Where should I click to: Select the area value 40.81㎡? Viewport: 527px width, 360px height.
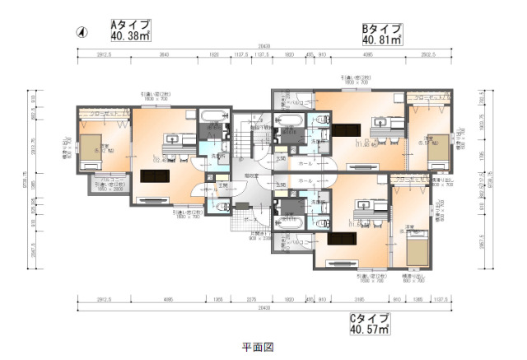(381, 39)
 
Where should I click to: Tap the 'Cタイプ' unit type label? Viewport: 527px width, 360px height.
(368, 318)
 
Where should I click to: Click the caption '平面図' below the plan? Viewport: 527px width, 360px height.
(254, 347)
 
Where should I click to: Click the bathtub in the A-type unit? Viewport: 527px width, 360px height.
(212, 117)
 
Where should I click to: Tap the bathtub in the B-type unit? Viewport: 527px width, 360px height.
(291, 121)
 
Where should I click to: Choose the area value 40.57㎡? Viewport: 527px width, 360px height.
(368, 330)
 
